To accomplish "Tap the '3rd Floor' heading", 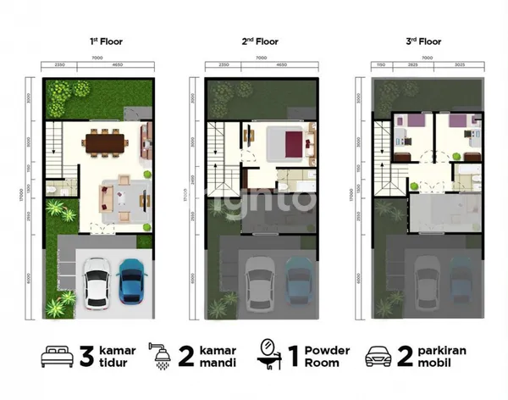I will point(423,40).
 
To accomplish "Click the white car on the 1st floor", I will point(96,283).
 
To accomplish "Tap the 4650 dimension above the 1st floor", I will point(115,64).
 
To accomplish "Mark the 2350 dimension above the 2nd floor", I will point(224,64).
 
